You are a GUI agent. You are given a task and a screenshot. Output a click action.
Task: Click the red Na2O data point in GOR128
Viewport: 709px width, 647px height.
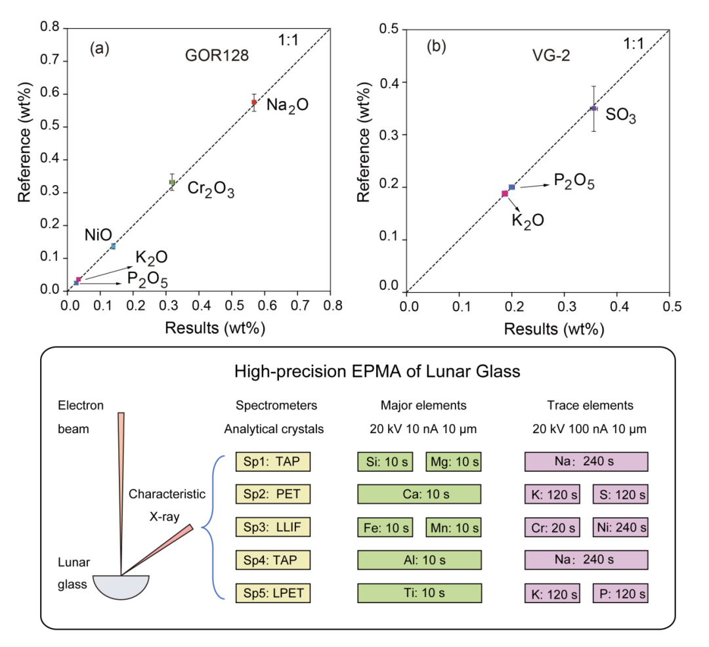[x=254, y=102]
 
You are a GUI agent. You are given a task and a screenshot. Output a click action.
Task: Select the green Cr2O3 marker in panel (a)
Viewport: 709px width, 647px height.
[x=172, y=182]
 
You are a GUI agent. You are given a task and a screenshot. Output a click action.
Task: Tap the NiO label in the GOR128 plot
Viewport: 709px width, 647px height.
[x=98, y=235]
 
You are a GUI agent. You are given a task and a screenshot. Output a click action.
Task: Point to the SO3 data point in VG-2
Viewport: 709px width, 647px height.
[x=593, y=108]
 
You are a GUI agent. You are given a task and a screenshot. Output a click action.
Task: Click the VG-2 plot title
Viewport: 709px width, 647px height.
[x=552, y=56]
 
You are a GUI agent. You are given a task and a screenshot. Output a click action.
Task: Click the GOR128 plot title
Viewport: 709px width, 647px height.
[x=216, y=56]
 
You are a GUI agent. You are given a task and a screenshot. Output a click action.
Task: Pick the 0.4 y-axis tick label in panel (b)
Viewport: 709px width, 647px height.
[x=389, y=82]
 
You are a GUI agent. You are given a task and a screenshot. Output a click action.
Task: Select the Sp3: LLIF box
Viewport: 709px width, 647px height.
[x=272, y=527]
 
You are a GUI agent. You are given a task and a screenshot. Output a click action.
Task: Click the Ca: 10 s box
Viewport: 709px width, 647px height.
[x=419, y=494]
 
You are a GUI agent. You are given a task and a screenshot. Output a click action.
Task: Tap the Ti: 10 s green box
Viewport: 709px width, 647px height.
[x=419, y=593]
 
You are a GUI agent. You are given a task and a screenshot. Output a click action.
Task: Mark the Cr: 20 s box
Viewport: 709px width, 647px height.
[x=552, y=527]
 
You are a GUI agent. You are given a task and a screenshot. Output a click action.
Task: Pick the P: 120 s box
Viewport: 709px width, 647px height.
[x=620, y=594]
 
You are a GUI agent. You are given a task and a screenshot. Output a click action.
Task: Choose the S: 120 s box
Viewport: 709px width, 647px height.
[x=620, y=494]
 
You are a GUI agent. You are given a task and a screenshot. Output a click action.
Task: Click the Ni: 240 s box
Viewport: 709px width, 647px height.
[x=620, y=527]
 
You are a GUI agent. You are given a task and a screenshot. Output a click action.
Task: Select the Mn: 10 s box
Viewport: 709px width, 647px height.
[x=453, y=527]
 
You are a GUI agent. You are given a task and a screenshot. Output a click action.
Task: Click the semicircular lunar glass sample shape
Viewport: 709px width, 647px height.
[x=121, y=587]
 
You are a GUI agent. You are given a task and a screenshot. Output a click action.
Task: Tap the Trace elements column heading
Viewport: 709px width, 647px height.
[x=587, y=406]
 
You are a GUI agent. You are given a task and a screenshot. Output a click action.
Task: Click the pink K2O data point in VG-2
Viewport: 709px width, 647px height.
[x=505, y=194]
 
